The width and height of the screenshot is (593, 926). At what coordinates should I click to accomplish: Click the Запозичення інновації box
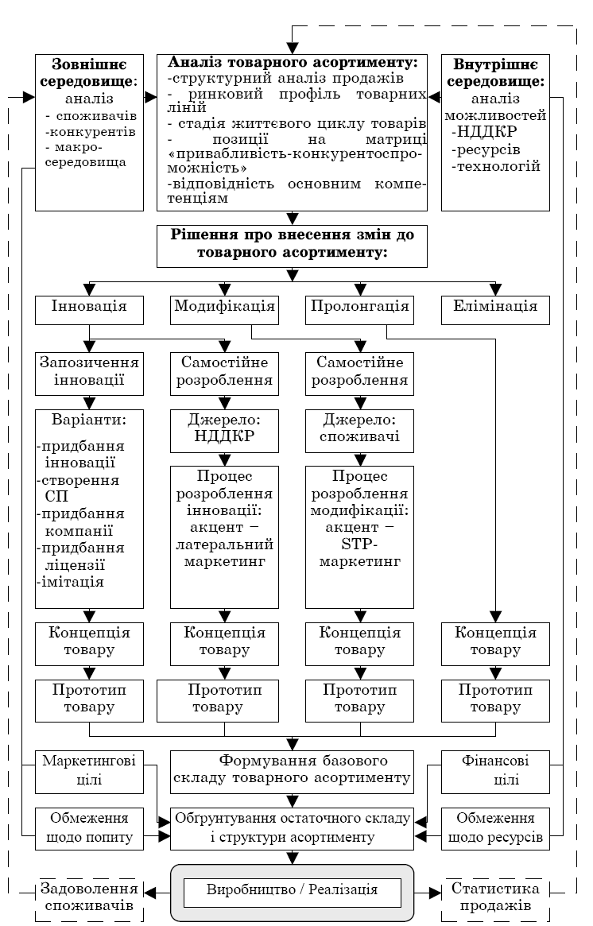(x=89, y=372)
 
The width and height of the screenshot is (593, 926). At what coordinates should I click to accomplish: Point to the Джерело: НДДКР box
(x=224, y=430)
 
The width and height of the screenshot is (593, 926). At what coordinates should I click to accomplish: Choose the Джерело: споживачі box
(x=360, y=430)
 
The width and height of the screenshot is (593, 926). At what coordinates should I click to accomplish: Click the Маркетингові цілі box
(x=89, y=771)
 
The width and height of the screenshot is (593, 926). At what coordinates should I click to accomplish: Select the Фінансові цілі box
(x=495, y=771)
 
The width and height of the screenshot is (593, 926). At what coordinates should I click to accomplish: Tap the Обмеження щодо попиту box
(x=89, y=827)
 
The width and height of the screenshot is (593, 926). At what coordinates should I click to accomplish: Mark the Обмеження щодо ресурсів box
(x=495, y=827)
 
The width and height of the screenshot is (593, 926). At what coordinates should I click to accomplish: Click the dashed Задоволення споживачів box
(x=89, y=899)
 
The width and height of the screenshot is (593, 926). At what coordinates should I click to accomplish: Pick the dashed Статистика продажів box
(x=495, y=899)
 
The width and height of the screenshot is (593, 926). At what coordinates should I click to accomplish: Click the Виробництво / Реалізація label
(x=292, y=891)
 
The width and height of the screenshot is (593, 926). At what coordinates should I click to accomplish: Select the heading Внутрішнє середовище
(x=495, y=72)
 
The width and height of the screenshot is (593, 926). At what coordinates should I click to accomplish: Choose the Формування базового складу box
(x=292, y=771)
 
